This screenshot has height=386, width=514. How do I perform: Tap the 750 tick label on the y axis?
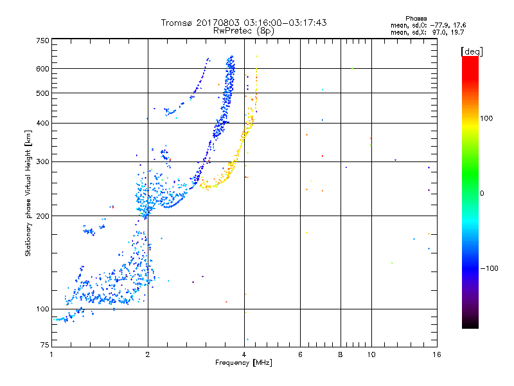coord(42,41)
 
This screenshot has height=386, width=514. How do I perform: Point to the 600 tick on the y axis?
coord(42,69)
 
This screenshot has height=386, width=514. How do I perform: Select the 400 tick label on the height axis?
coord(42,123)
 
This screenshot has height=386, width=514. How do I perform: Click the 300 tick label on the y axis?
coord(42,161)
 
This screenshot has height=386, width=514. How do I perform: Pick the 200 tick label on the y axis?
coord(42,216)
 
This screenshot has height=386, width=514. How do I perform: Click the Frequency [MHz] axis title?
coord(244,363)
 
